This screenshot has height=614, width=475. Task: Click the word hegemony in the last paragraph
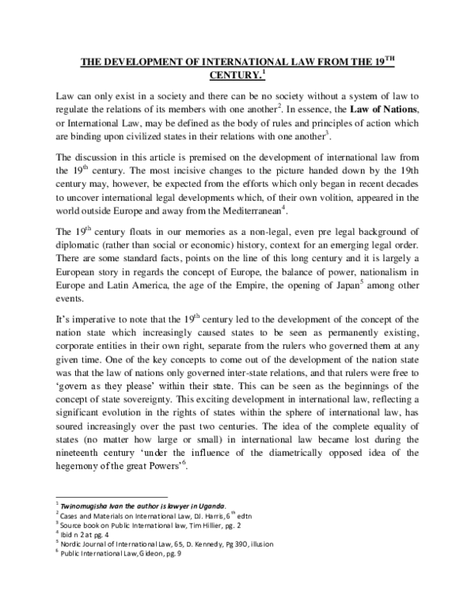coord(81,466)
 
